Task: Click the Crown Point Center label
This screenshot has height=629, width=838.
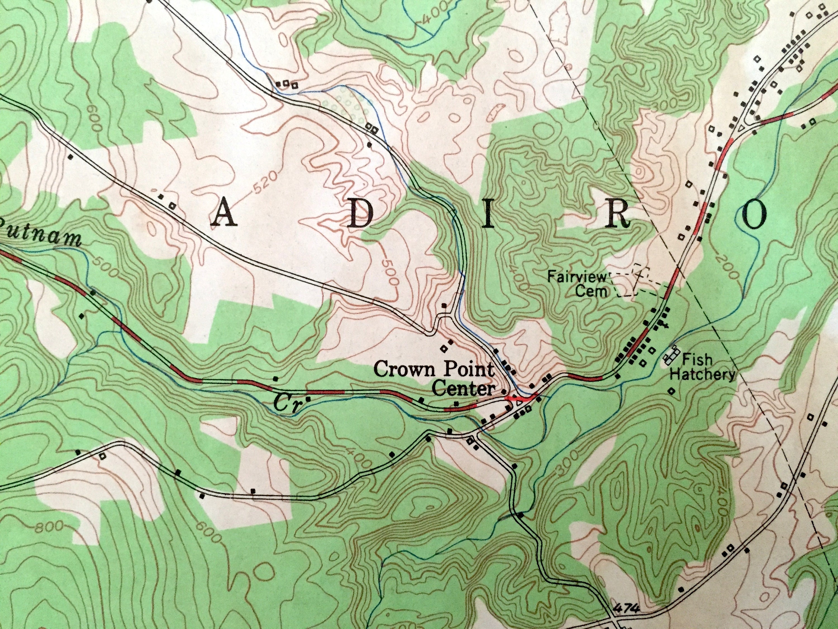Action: click(x=435, y=379)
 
